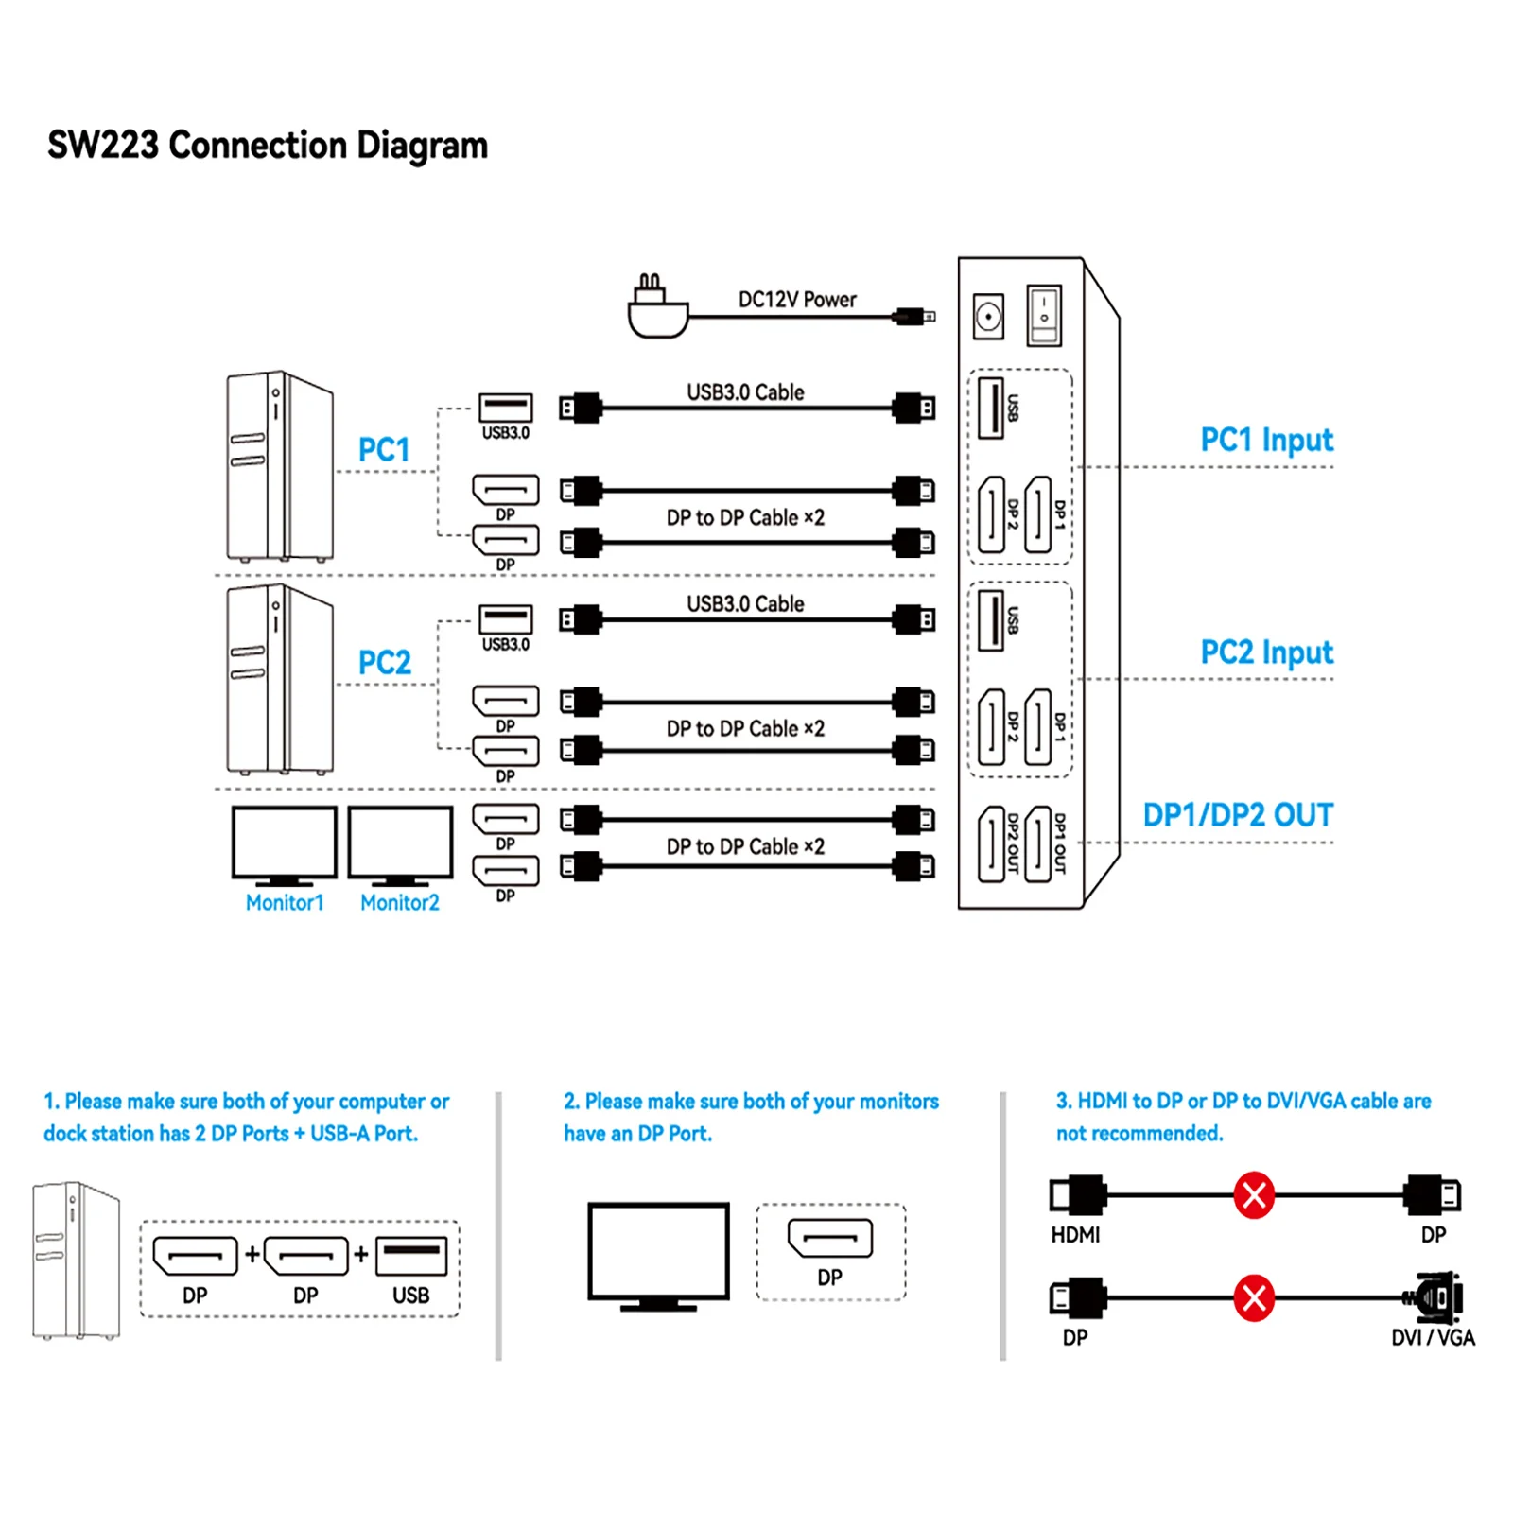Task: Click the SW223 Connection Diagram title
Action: click(268, 146)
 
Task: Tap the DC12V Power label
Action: click(796, 300)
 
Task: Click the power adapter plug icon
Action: click(657, 308)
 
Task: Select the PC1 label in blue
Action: click(384, 450)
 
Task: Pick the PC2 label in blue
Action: click(384, 662)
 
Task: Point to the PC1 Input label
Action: click(1266, 441)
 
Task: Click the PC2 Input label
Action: click(1266, 652)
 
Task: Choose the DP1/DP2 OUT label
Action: click(1238, 815)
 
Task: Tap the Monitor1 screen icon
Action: click(285, 844)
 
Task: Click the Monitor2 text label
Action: click(400, 903)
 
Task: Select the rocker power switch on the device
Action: click(1044, 315)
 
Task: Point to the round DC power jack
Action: click(988, 316)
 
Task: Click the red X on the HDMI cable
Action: click(1254, 1195)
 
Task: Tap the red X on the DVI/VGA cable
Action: click(1254, 1298)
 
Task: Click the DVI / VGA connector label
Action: click(1433, 1337)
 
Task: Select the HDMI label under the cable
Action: click(1075, 1235)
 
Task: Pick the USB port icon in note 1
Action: click(411, 1257)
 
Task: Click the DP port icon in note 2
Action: click(830, 1238)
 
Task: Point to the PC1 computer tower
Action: click(279, 466)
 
